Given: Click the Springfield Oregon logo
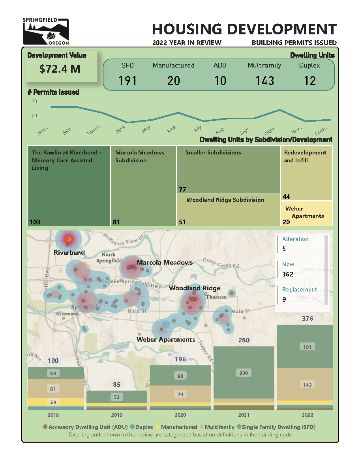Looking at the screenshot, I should pyautogui.click(x=46, y=31).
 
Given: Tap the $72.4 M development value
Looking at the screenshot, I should pyautogui.click(x=60, y=69).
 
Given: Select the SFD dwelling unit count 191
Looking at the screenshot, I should pyautogui.click(x=127, y=81).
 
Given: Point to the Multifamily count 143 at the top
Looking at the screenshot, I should pyautogui.click(x=264, y=81).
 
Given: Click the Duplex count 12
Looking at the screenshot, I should pyautogui.click(x=310, y=81).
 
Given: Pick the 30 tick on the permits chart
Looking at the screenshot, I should pyautogui.click(x=34, y=102).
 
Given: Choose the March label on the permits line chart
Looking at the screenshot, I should pyautogui.click(x=94, y=130).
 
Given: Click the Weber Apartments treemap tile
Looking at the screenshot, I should pyautogui.click(x=306, y=213).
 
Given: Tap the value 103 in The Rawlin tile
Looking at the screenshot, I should pyautogui.click(x=35, y=222).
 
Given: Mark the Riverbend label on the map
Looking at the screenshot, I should pyautogui.click(x=69, y=252).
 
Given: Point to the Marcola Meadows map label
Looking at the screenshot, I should pyautogui.click(x=165, y=262).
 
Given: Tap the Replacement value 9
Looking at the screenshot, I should pyautogui.click(x=284, y=299).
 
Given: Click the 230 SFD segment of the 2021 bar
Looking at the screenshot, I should pyautogui.click(x=244, y=372).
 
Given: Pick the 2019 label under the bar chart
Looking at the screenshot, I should pyautogui.click(x=117, y=415).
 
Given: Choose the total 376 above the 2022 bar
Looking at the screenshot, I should pyautogui.click(x=307, y=318).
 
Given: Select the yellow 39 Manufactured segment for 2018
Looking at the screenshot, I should pyautogui.click(x=53, y=402).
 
